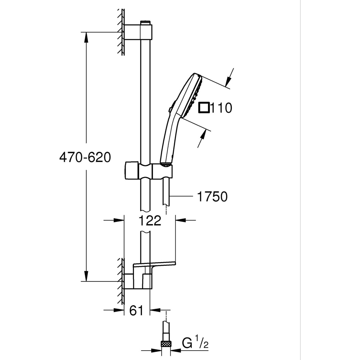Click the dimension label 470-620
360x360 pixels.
85,157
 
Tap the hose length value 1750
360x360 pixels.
212,197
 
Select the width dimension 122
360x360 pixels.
149,220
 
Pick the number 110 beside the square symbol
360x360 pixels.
221,108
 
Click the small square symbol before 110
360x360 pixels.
204,107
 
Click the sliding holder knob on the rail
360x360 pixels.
131,170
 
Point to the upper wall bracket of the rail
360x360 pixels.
139,31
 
